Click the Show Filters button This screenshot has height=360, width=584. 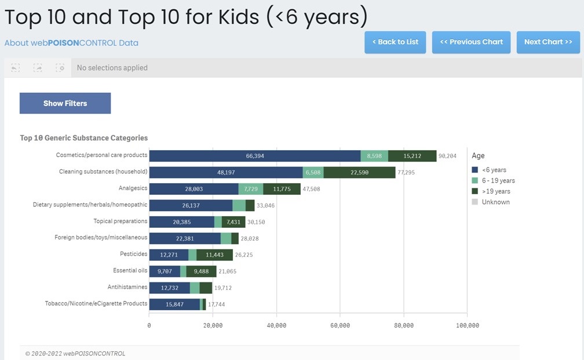(65, 103)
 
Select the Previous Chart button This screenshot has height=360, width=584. (471, 42)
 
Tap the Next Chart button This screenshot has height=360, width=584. (547, 42)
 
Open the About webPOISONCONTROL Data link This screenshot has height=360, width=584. (71, 43)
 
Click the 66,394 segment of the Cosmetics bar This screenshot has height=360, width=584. (255, 156)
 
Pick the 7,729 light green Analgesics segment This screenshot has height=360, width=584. (251, 188)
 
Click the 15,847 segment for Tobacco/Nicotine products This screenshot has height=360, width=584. (174, 304)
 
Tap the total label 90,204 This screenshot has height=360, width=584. (448, 156)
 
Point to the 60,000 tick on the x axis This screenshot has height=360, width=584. (340, 325)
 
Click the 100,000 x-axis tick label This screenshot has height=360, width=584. (467, 325)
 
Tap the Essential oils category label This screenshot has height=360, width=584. (130, 271)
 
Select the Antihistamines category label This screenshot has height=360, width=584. (127, 287)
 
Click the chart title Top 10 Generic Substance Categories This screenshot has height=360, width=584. (84, 138)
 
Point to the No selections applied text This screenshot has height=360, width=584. (112, 68)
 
